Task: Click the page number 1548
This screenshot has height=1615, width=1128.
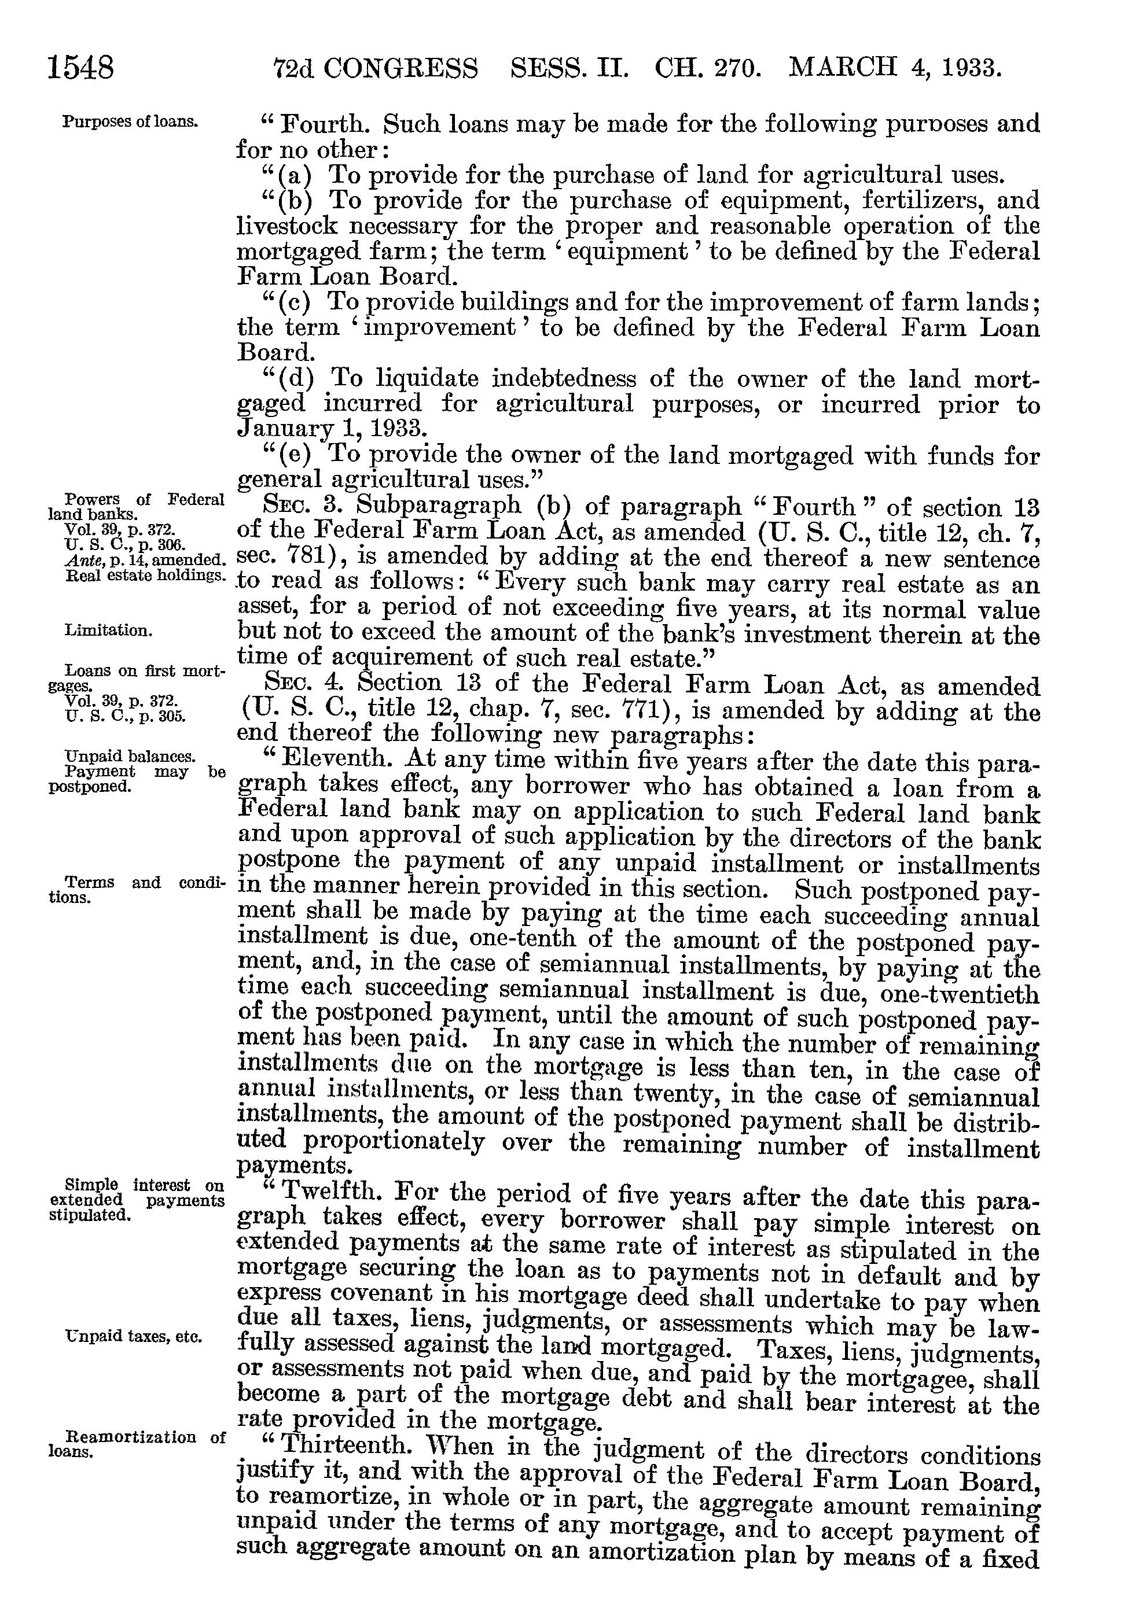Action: [80, 68]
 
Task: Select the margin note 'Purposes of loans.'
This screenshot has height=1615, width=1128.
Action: [130, 121]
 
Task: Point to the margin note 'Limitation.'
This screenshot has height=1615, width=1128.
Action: [108, 630]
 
